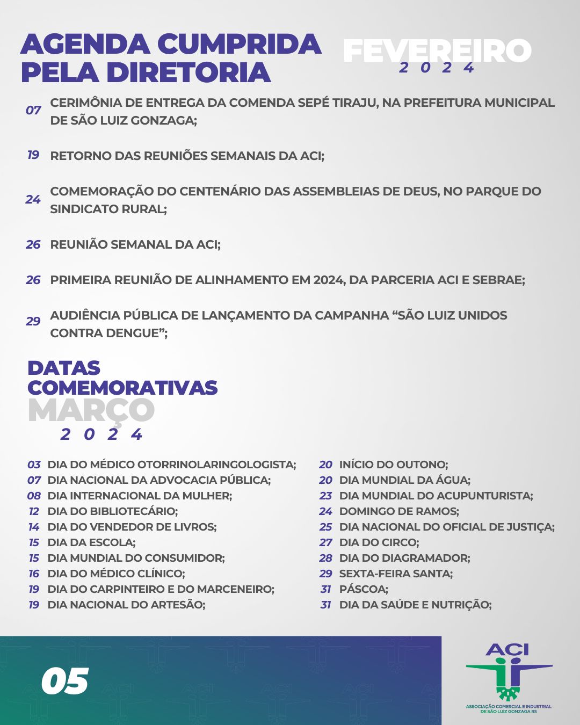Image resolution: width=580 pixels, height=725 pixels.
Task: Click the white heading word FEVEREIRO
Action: click(437, 50)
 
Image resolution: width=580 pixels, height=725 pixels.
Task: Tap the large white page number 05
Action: click(65, 682)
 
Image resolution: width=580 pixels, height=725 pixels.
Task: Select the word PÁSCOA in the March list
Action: click(363, 589)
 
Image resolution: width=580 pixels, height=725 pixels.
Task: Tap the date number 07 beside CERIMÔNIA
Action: click(33, 111)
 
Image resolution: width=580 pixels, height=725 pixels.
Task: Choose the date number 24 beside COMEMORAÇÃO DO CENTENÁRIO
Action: click(33, 200)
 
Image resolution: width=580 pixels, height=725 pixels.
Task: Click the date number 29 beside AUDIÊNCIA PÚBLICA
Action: click(33, 321)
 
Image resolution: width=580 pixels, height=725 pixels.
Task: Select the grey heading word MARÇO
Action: click(91, 410)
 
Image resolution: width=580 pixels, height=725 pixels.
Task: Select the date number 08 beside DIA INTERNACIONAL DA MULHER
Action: click(34, 496)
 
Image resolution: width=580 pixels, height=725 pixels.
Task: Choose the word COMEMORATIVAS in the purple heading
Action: click(122, 387)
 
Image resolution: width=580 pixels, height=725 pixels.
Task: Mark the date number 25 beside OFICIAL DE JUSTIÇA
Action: click(325, 527)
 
